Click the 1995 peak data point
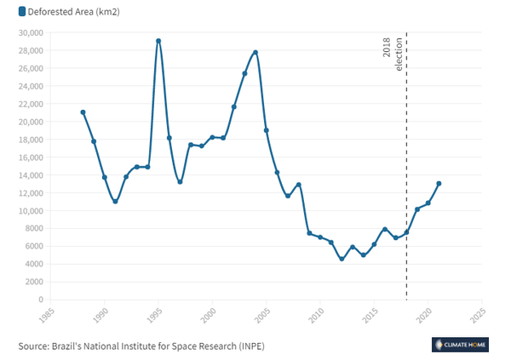click(158, 41)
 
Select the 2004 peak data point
click(255, 53)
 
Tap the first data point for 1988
click(83, 112)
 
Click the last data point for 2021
click(439, 183)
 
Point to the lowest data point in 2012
click(342, 259)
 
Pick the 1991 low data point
click(115, 202)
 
